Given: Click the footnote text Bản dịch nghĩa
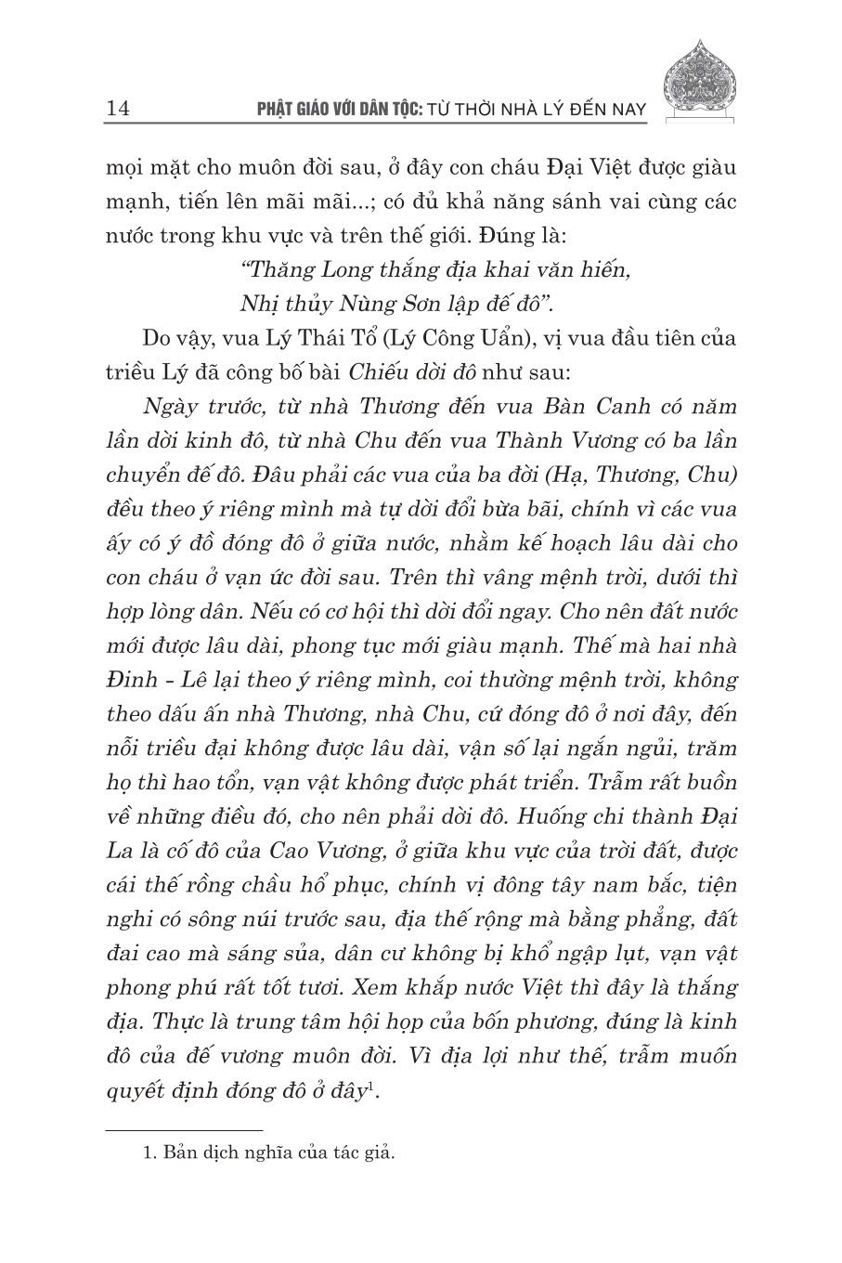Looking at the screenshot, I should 223,1154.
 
